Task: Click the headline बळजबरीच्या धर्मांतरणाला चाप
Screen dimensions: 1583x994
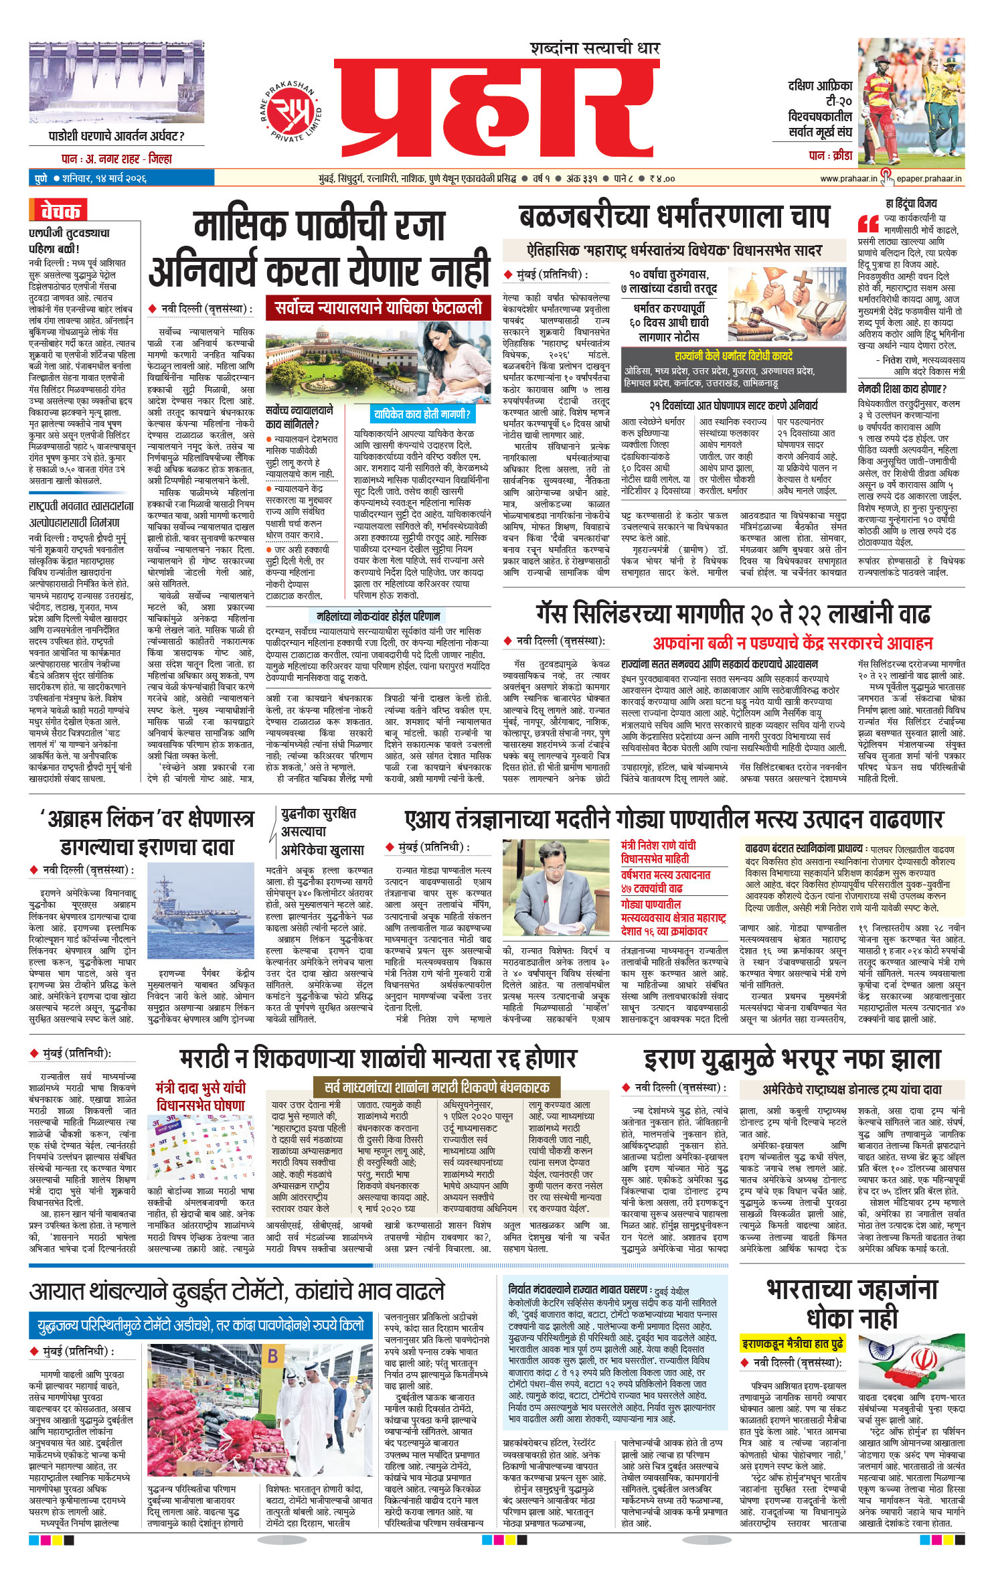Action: [674, 216]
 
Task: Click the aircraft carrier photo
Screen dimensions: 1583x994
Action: [201, 915]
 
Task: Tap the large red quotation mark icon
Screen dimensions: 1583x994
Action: [868, 224]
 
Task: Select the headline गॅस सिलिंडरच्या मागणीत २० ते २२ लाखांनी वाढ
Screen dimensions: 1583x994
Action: [733, 613]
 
